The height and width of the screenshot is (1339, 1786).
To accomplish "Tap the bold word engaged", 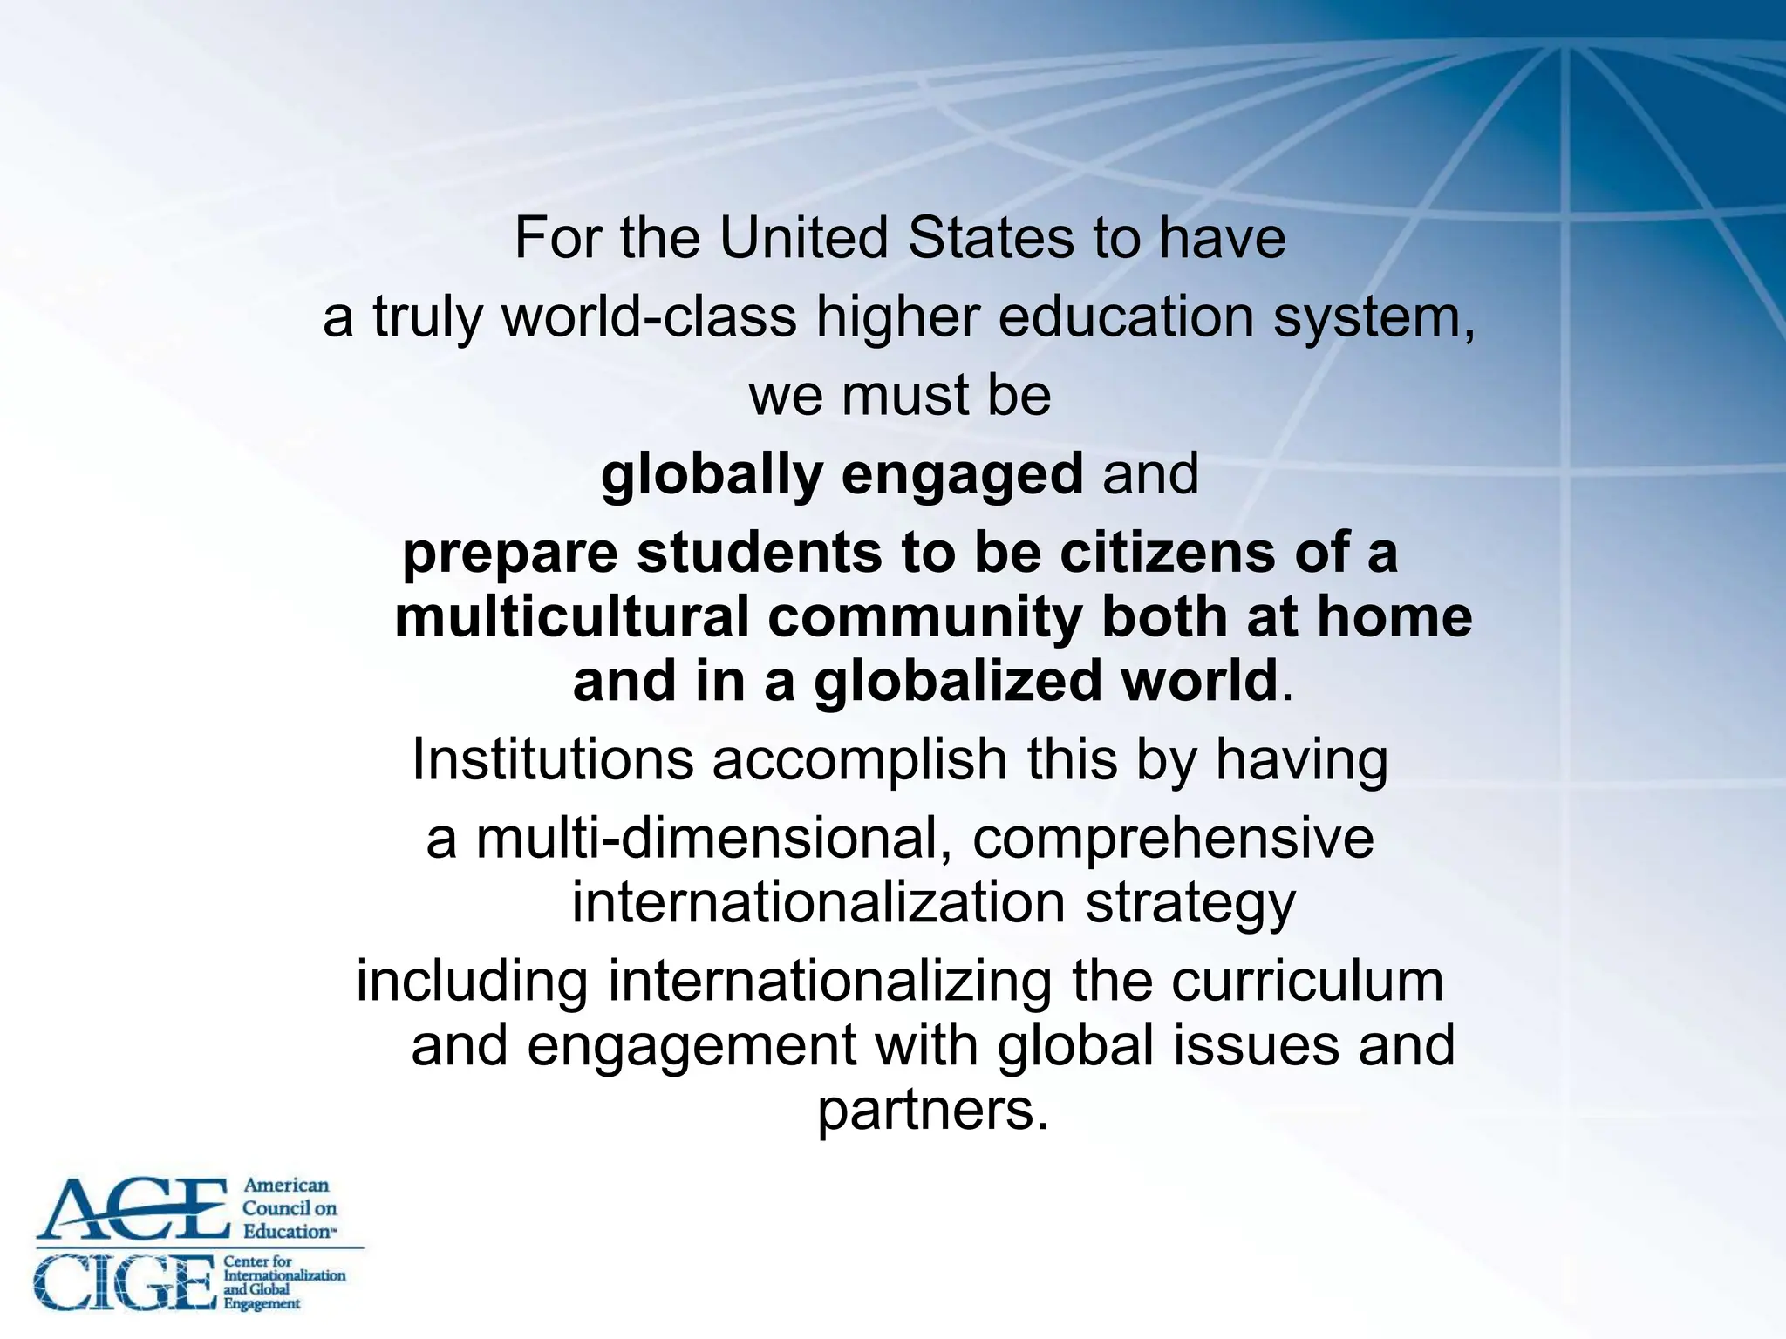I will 962,475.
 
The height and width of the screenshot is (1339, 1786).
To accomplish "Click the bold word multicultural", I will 572,617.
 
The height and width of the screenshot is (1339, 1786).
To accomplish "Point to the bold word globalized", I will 958,682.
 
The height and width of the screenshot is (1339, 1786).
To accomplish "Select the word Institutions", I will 553,759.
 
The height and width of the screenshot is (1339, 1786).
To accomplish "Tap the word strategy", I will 1190,903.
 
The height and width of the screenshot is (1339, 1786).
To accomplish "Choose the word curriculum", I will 1307,982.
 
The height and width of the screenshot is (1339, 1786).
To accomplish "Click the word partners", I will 932,1111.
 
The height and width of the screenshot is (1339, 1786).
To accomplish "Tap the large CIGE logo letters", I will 124,1282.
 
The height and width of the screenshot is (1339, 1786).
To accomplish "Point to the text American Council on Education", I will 289,1208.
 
